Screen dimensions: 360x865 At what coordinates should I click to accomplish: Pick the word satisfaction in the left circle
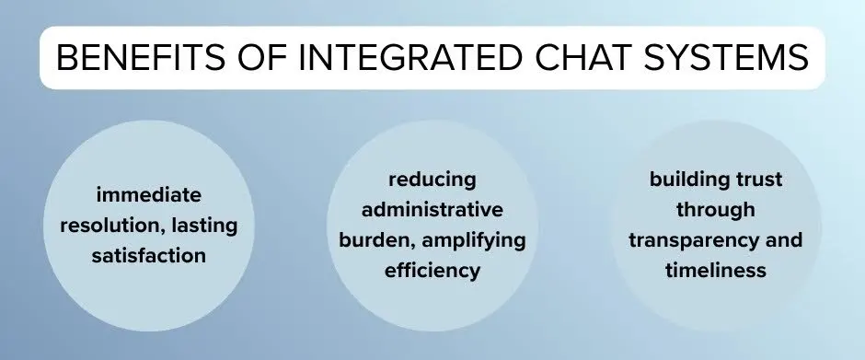tap(148, 256)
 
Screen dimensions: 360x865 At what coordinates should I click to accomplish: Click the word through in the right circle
tap(715, 210)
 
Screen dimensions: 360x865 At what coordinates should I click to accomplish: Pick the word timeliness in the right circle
tap(715, 272)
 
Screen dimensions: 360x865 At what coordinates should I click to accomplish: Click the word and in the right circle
tap(785, 240)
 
